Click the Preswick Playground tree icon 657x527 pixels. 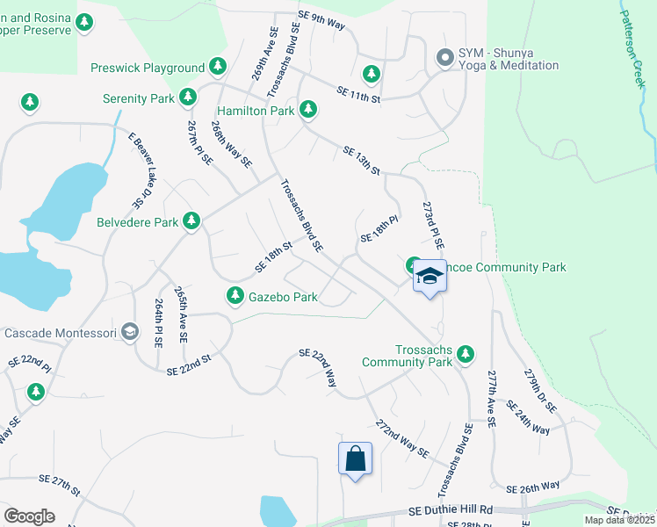(x=218, y=67)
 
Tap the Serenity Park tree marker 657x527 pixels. (x=188, y=97)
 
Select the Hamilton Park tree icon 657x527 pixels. (x=307, y=110)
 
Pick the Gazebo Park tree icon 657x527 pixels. (x=235, y=296)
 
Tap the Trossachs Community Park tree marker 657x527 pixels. (x=466, y=354)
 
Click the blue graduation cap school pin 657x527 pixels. (x=430, y=277)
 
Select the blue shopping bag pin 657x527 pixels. (x=356, y=458)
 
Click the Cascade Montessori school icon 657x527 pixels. (x=130, y=332)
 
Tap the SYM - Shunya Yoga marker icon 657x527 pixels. (x=444, y=58)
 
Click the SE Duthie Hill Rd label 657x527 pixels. (x=451, y=510)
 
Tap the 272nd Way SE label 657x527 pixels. (x=401, y=437)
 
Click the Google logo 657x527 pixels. (x=29, y=516)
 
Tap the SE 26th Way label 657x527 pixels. (x=533, y=487)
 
